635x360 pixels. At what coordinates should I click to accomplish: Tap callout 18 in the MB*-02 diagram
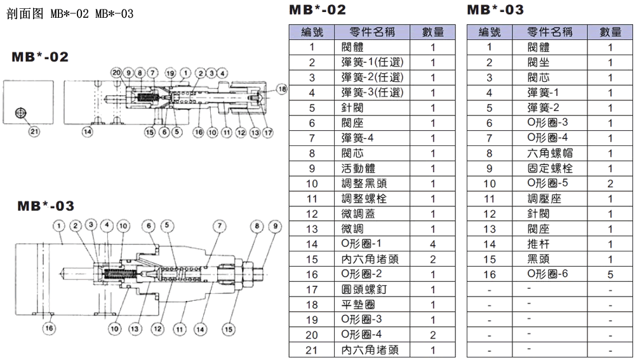point(282,89)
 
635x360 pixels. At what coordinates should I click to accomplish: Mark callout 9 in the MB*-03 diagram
point(275,225)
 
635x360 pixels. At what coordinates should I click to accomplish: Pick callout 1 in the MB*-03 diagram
point(59,225)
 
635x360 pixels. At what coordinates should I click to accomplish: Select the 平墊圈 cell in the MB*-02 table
point(354,305)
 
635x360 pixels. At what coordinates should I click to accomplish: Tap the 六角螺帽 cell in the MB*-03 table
point(545,153)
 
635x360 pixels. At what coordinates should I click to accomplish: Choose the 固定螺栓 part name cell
point(545,168)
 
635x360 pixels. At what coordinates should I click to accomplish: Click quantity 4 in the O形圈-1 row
point(432,244)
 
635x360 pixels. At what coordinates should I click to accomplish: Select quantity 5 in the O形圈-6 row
point(610,274)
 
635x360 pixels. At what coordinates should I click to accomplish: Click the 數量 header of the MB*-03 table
point(610,32)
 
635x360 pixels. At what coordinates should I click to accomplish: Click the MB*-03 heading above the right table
point(495,10)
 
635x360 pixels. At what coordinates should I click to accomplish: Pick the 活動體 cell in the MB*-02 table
point(354,168)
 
